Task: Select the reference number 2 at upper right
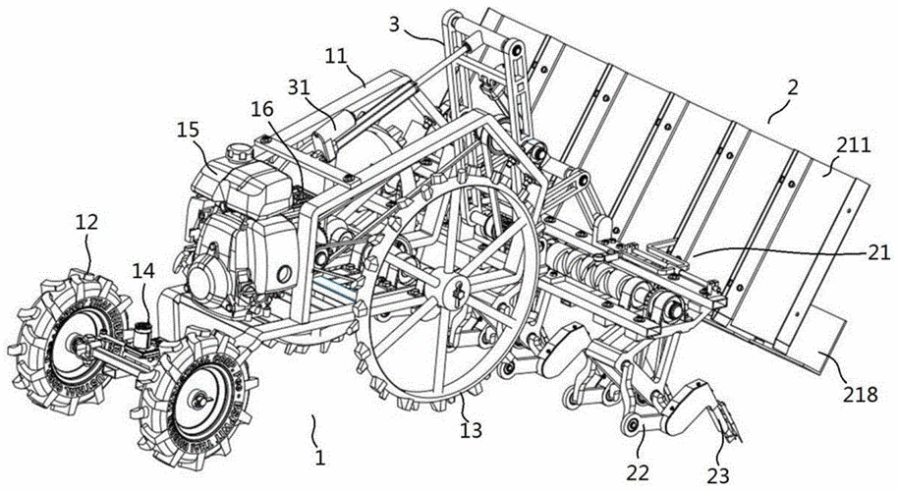click(x=793, y=87)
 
